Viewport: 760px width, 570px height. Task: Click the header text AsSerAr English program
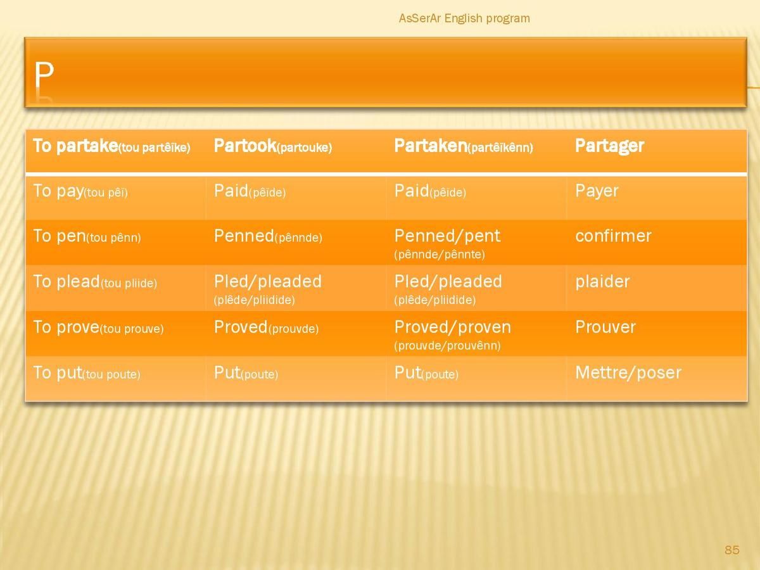point(464,18)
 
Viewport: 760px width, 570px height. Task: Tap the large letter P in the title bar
point(44,75)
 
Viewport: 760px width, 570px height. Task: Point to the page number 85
point(732,550)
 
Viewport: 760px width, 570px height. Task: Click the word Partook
point(245,146)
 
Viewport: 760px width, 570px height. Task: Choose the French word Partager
point(609,146)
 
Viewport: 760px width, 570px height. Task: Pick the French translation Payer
point(597,191)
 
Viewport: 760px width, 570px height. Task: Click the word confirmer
point(613,236)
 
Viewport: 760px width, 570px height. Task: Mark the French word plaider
point(602,282)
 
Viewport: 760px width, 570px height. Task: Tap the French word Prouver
point(605,327)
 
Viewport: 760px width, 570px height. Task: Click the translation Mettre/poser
point(628,373)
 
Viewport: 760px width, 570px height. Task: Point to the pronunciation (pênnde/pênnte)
point(440,255)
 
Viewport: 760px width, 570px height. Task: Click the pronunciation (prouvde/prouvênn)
point(447,345)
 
